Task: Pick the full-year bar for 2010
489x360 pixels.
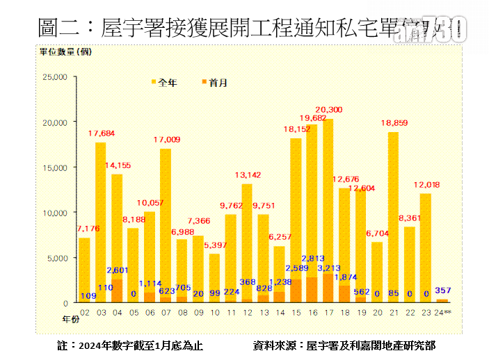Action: pyautogui.click(x=214, y=278)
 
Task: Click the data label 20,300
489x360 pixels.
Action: pyautogui.click(x=328, y=110)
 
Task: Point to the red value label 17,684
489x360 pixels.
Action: pyautogui.click(x=101, y=133)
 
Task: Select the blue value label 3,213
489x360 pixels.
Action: pyautogui.click(x=328, y=268)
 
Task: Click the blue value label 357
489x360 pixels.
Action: pyautogui.click(x=442, y=290)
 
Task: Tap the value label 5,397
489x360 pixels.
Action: pyautogui.click(x=214, y=245)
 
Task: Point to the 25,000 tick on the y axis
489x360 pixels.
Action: pyautogui.click(x=54, y=77)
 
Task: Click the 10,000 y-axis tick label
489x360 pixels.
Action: pyautogui.click(x=54, y=213)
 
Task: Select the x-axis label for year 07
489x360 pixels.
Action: pyautogui.click(x=166, y=313)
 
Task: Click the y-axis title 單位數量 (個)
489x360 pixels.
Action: pyautogui.click(x=65, y=51)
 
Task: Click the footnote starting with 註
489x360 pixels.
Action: pyautogui.click(x=131, y=345)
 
